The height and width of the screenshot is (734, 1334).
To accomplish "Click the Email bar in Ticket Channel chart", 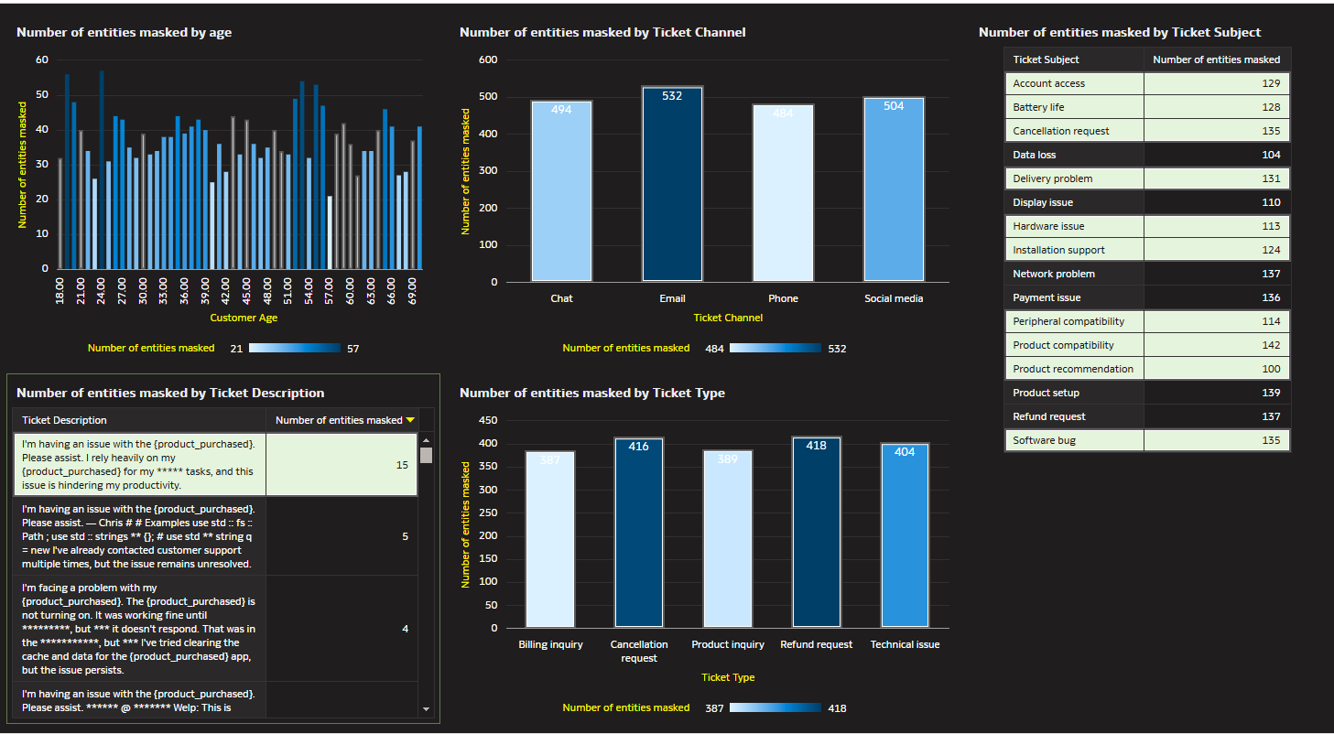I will click(x=672, y=184).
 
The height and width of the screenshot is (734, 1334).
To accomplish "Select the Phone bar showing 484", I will click(x=783, y=192).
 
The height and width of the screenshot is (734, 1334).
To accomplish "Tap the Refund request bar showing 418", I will click(x=816, y=532).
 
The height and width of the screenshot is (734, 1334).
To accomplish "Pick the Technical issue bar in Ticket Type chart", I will click(x=905, y=535).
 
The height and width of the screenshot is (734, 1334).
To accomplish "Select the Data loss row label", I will click(x=1035, y=155).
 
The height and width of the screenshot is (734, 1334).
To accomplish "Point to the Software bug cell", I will click(x=1045, y=440).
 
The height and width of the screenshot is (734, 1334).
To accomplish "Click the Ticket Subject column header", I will click(x=1046, y=59).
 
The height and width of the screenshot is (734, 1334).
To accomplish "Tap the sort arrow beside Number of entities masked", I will click(x=410, y=420).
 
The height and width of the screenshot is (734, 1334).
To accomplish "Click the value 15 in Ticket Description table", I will click(x=402, y=465).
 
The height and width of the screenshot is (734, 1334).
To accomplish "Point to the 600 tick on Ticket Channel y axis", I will click(x=488, y=59).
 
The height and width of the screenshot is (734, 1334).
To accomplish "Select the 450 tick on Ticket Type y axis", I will click(x=488, y=420).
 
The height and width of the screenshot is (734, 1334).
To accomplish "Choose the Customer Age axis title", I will click(x=244, y=318).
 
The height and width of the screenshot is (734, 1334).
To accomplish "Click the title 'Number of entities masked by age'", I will click(x=124, y=32).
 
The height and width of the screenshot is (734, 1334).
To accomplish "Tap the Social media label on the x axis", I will click(x=894, y=298).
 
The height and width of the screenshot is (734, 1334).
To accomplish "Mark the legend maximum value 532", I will click(x=837, y=349).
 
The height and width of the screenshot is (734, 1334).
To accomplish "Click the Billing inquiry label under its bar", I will click(x=550, y=644).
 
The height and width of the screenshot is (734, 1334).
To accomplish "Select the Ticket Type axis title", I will click(x=728, y=677).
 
